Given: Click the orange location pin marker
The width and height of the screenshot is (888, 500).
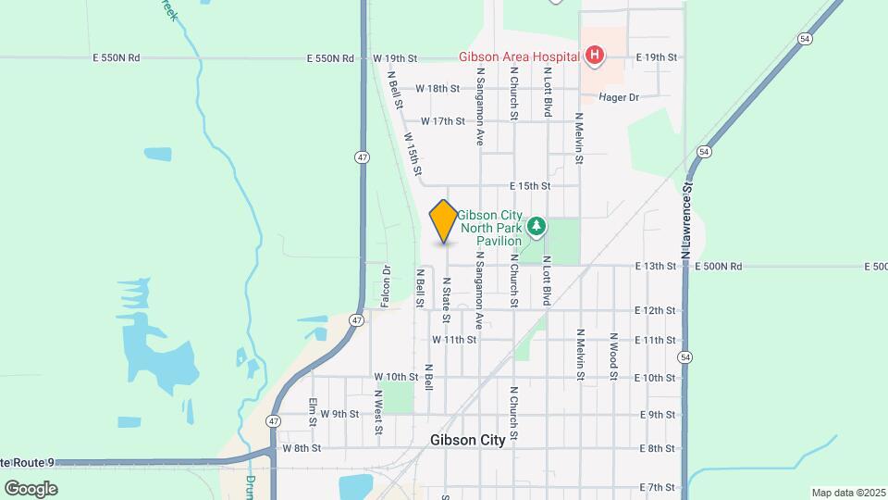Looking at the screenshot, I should (x=444, y=221).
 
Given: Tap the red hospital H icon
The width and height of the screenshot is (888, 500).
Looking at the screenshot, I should (x=594, y=57).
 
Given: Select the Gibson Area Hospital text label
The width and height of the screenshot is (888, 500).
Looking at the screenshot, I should (x=518, y=56).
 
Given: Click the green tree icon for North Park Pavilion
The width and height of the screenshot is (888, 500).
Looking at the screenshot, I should (x=536, y=226).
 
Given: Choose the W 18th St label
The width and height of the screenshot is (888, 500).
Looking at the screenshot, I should (x=438, y=89).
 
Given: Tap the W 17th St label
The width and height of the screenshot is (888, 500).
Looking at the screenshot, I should (x=442, y=121).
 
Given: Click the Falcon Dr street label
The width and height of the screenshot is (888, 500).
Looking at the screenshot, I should (x=386, y=287).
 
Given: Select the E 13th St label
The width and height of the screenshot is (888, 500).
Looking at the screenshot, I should (x=656, y=267).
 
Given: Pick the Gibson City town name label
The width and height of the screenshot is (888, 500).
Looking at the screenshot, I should (x=468, y=440).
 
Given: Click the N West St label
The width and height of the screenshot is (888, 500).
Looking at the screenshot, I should (x=378, y=412).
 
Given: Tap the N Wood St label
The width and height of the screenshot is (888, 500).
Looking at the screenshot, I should (x=612, y=356).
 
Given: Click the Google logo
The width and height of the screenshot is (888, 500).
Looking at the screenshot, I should (x=31, y=488).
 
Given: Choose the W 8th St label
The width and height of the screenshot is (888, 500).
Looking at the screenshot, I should (x=302, y=448).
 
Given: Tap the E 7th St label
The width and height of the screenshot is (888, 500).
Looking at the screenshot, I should (x=657, y=487).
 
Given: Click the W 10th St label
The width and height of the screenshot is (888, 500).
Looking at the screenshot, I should (x=396, y=377).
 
